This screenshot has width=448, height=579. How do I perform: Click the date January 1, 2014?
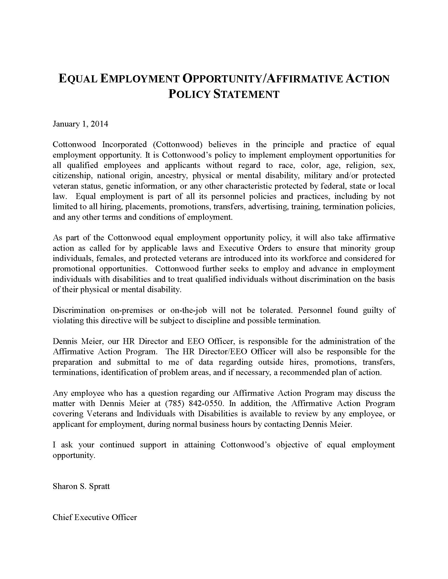tap(80, 124)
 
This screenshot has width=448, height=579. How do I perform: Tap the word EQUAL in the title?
tap(77, 79)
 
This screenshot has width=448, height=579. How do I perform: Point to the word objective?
tap(292, 445)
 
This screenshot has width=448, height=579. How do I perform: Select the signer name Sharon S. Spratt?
tap(81, 486)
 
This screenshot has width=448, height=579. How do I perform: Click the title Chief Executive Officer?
tap(95, 517)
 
